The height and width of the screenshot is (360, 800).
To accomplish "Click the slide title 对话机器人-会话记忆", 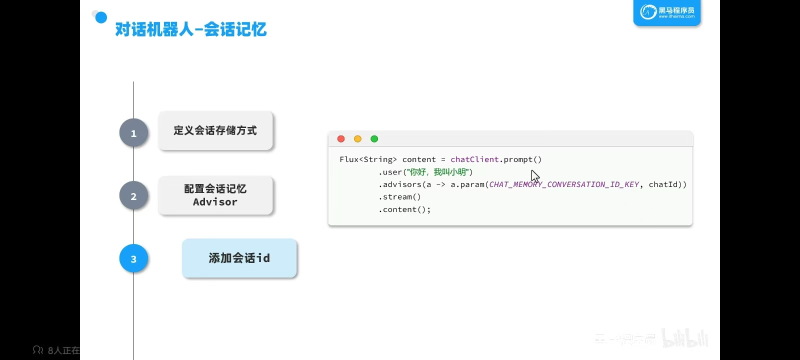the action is [x=190, y=30].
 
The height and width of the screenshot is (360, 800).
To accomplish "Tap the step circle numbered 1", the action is [x=133, y=133].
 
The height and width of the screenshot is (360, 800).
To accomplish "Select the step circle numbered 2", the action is [x=133, y=196].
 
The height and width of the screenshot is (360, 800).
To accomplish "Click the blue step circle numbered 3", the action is [x=133, y=259].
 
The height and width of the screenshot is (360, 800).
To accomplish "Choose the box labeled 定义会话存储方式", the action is [x=215, y=131].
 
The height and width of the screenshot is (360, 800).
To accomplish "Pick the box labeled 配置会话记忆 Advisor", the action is [x=215, y=195].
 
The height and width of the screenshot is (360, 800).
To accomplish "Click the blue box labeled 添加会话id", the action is [x=239, y=258].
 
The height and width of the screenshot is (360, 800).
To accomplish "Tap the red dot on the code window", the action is [x=341, y=139].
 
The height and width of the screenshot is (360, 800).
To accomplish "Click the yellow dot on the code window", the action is [x=357, y=139].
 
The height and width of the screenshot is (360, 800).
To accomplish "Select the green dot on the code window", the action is [x=374, y=139].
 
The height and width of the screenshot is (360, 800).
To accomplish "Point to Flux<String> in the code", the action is [x=368, y=159].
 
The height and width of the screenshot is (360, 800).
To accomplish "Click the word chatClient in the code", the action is [x=474, y=159].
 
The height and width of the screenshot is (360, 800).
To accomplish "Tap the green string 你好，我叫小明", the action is [x=438, y=172].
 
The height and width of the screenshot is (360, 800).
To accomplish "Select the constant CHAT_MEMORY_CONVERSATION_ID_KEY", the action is [x=564, y=184].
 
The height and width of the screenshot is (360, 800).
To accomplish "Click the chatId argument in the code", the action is [x=663, y=184].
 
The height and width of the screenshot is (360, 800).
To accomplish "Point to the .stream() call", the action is [x=399, y=197].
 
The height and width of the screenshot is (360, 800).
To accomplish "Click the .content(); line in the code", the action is [x=404, y=209].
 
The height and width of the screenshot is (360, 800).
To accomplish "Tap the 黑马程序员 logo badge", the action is [x=667, y=12].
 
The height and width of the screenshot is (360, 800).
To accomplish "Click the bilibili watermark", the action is [x=685, y=338].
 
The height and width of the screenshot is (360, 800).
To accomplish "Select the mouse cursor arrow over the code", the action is [x=534, y=176].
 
